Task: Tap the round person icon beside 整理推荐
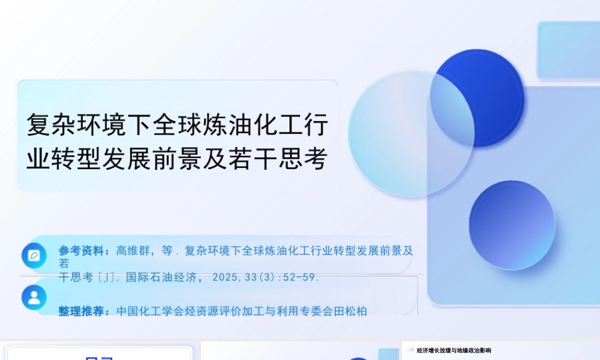click(x=34, y=297)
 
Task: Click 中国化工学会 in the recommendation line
click(x=147, y=311)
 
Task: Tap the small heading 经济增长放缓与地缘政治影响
click(x=454, y=350)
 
